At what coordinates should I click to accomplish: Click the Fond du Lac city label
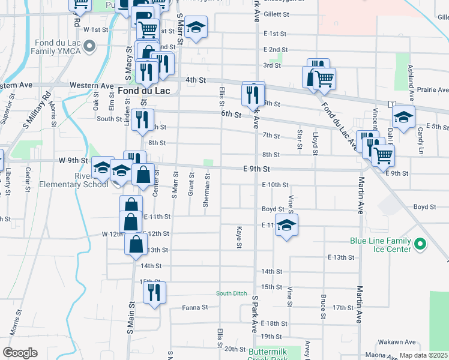click(144, 91)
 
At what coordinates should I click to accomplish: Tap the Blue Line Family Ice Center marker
click(420, 244)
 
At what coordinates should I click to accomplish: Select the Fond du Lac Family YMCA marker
click(90, 46)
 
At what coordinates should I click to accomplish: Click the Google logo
click(20, 353)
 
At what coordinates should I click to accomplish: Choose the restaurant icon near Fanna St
click(154, 293)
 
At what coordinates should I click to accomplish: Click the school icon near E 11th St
click(287, 225)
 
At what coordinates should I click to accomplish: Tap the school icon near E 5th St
click(404, 116)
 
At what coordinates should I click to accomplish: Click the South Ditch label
click(232, 293)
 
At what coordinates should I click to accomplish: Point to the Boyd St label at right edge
click(424, 207)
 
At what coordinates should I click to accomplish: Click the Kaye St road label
click(239, 238)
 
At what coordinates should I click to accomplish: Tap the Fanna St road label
click(194, 307)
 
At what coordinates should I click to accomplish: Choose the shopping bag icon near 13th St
click(136, 244)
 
